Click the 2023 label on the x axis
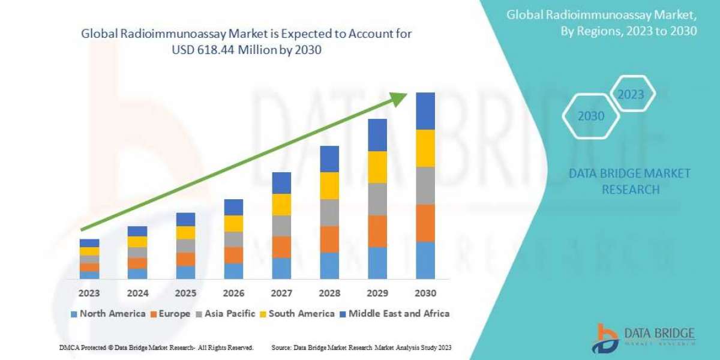(89, 293)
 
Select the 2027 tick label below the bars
(281, 293)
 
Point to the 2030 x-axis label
(425, 293)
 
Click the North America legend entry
(107, 313)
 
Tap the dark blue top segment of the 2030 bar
(425, 111)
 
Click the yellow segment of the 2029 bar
(377, 167)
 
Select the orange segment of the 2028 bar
(329, 239)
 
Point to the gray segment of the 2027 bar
(281, 226)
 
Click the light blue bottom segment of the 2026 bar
(233, 271)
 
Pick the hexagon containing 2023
(631, 94)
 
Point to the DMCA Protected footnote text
(157, 347)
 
